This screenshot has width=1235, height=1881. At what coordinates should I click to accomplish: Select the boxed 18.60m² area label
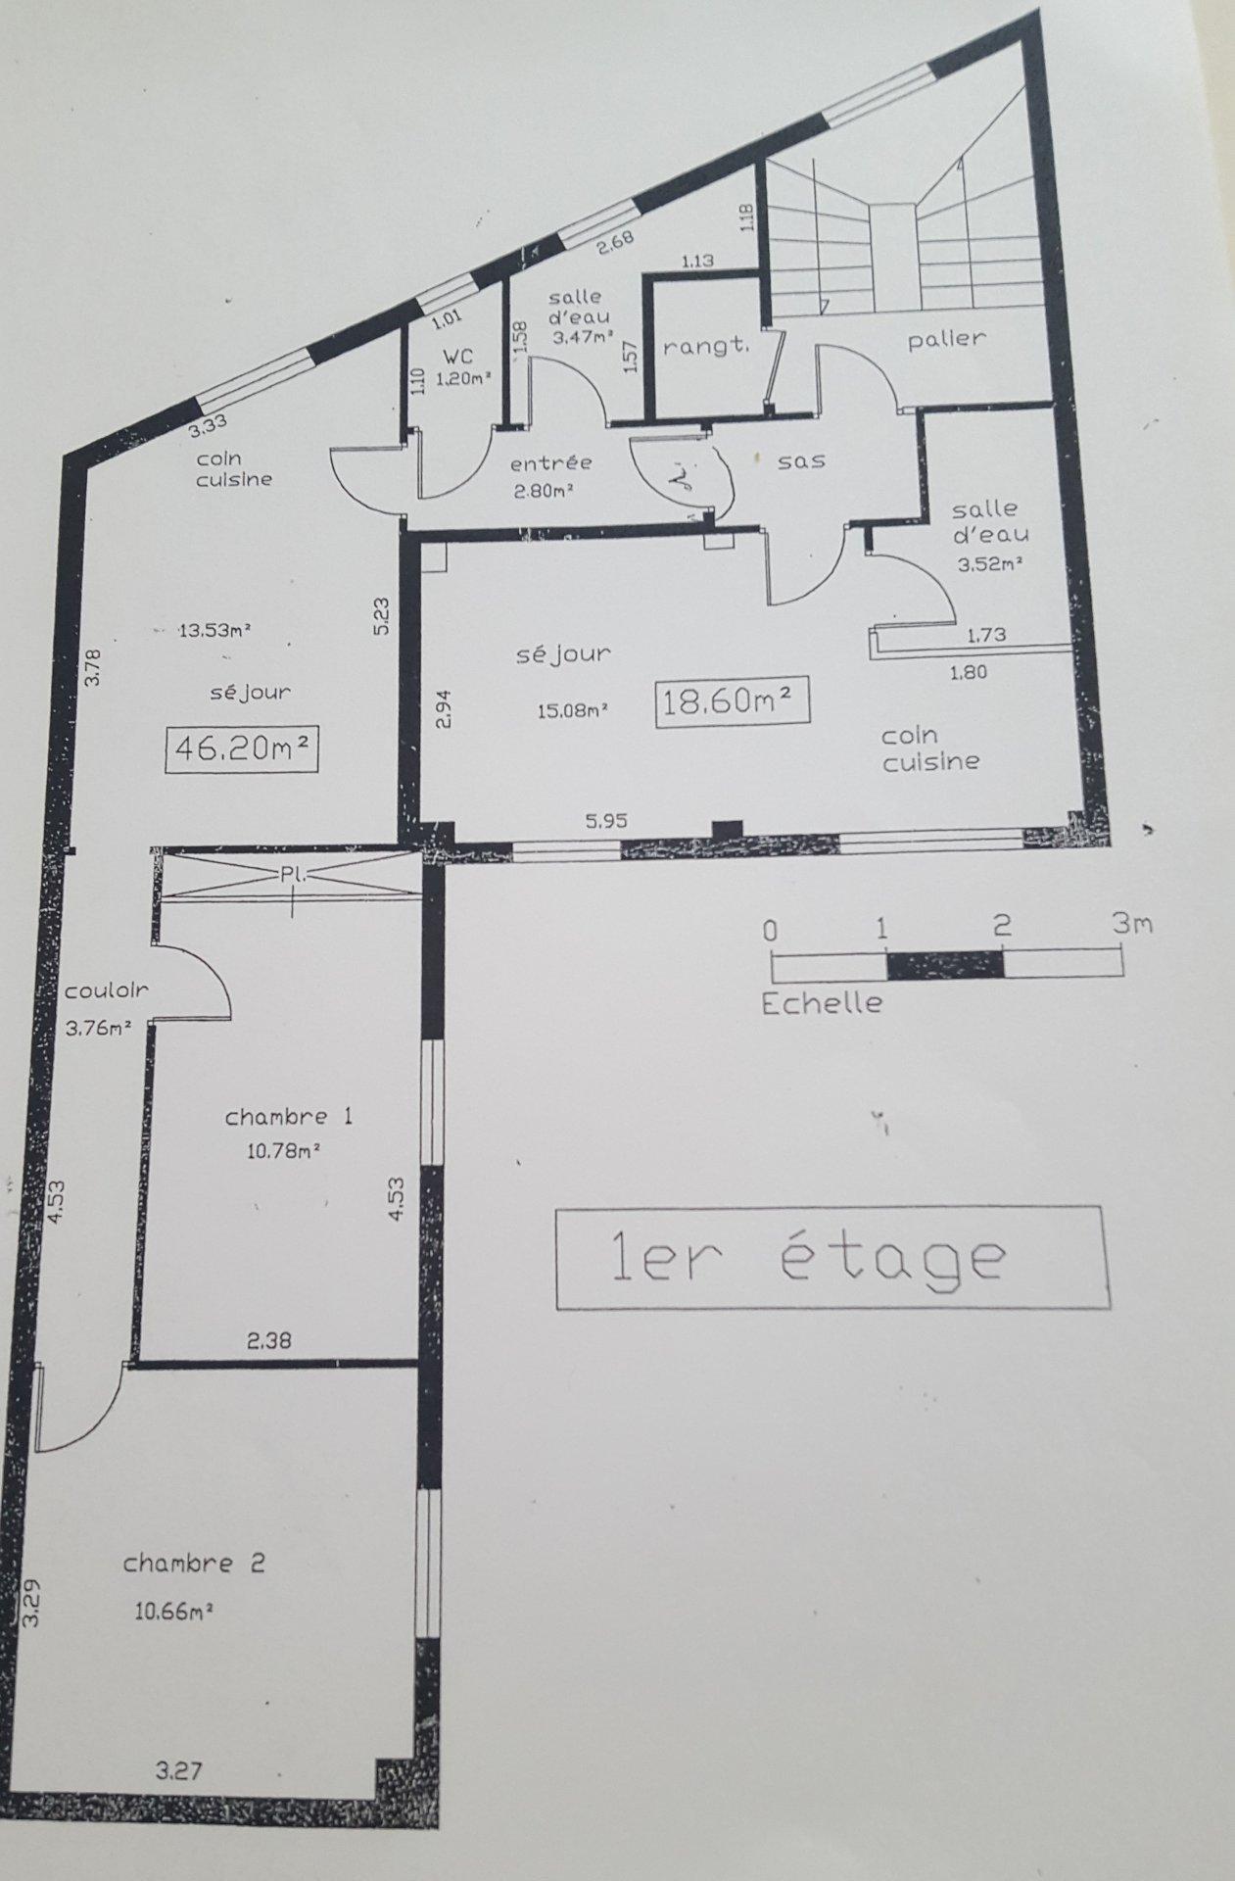pyautogui.click(x=733, y=700)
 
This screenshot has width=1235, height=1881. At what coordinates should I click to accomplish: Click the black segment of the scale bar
pyautogui.click(x=945, y=964)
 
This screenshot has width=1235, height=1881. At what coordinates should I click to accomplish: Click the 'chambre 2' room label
pyautogui.click(x=193, y=1564)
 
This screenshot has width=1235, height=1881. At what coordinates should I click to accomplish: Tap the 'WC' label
pyautogui.click(x=457, y=357)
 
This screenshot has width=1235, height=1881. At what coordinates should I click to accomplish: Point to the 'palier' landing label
pyautogui.click(x=946, y=339)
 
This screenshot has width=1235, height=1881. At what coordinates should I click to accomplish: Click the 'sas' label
pyautogui.click(x=801, y=459)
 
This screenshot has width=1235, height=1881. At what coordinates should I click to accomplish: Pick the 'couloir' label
pyautogui.click(x=107, y=990)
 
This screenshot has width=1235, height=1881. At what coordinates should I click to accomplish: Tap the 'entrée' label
pyautogui.click(x=551, y=462)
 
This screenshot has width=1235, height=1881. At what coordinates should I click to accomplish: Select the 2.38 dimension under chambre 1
pyautogui.click(x=268, y=1340)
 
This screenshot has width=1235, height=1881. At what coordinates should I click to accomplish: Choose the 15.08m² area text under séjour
pyautogui.click(x=574, y=709)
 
